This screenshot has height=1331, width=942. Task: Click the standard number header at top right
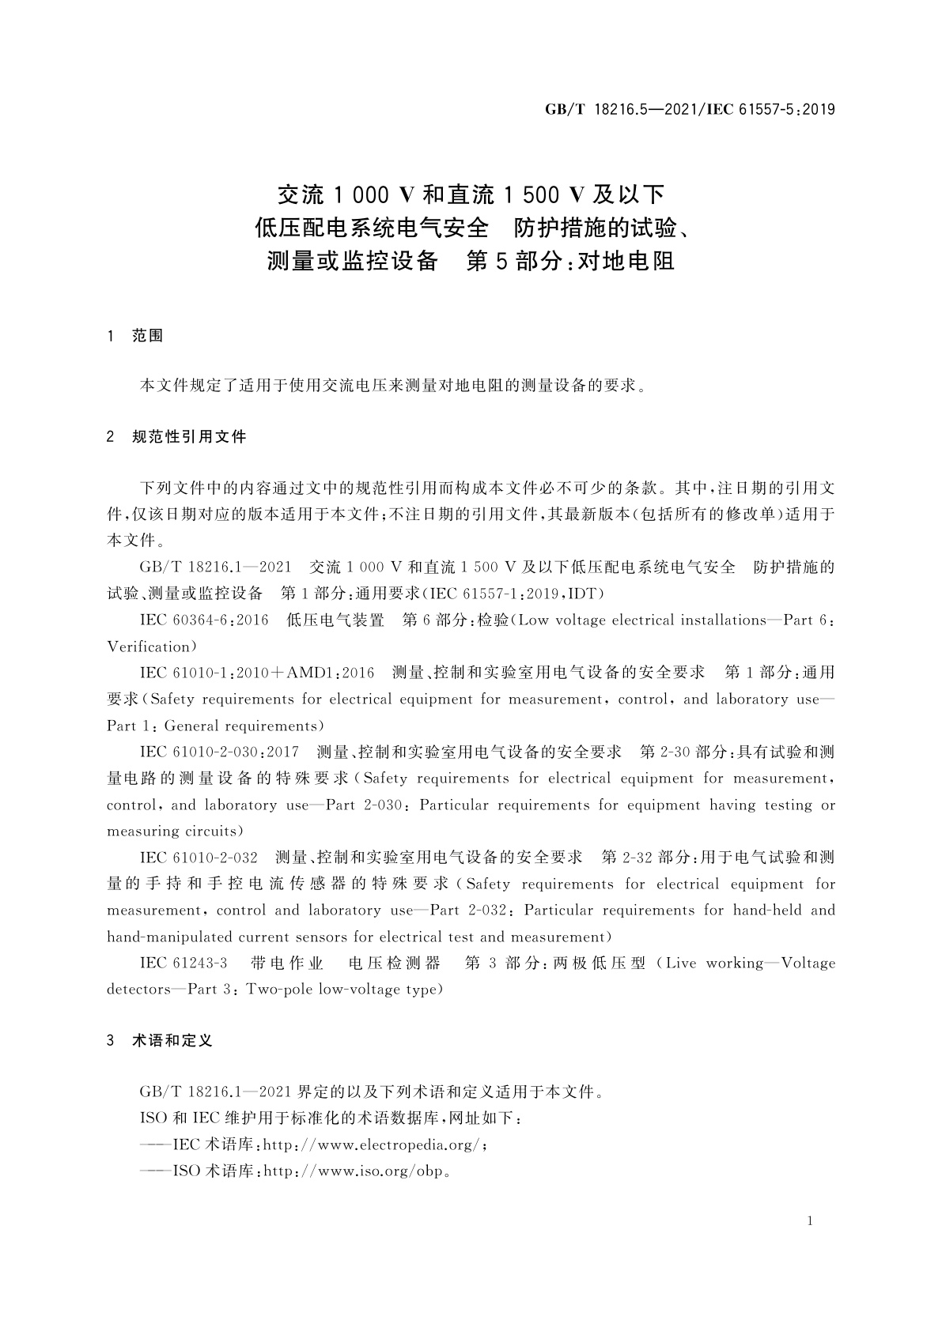[x=690, y=110]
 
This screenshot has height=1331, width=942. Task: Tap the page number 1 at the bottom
[x=810, y=1222]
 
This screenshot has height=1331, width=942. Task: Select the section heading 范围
[x=147, y=336]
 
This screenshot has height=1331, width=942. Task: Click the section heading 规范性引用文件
[x=189, y=436]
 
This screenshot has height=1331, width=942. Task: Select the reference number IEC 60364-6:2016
[x=204, y=620]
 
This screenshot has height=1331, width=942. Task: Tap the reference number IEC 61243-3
[x=183, y=963]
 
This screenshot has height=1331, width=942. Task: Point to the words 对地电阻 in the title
[x=626, y=261]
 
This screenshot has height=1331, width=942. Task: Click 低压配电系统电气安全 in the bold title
[x=371, y=228]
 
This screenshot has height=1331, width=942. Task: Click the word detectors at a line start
[x=138, y=990]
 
